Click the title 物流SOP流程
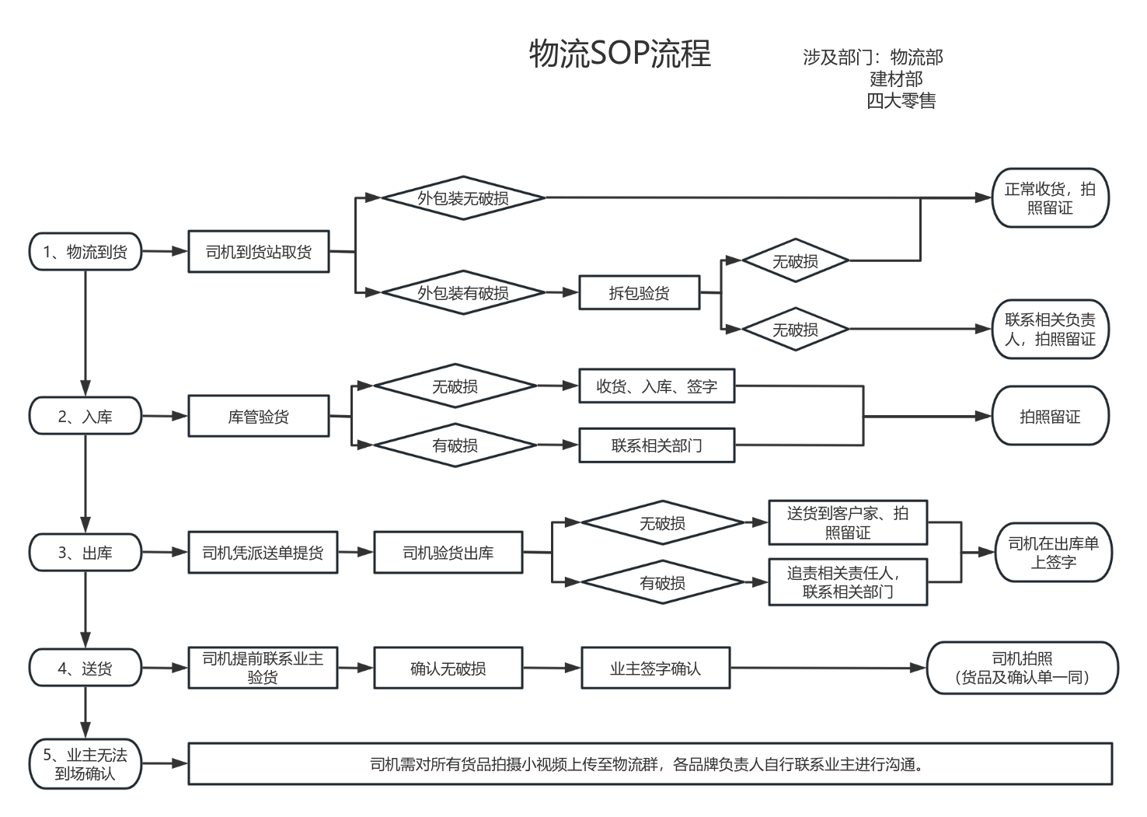tap(619, 54)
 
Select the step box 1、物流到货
tap(85, 252)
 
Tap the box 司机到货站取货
tap(259, 252)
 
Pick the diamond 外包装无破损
tap(463, 198)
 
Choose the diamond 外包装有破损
tap(463, 293)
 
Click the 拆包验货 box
tap(639, 293)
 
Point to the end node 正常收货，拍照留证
tap(1050, 198)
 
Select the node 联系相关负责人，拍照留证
tap(1050, 330)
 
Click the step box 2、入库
tap(85, 417)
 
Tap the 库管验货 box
tap(259, 417)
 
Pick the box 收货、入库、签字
tap(657, 386)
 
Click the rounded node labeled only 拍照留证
tap(1050, 417)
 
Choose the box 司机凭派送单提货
tap(263, 553)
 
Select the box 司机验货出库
tap(448, 553)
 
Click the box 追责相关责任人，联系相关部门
tap(848, 582)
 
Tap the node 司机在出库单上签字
tap(1053, 553)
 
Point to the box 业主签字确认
tap(656, 668)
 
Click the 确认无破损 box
tap(448, 668)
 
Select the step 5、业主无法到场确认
tap(85, 764)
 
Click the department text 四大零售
tap(901, 100)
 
